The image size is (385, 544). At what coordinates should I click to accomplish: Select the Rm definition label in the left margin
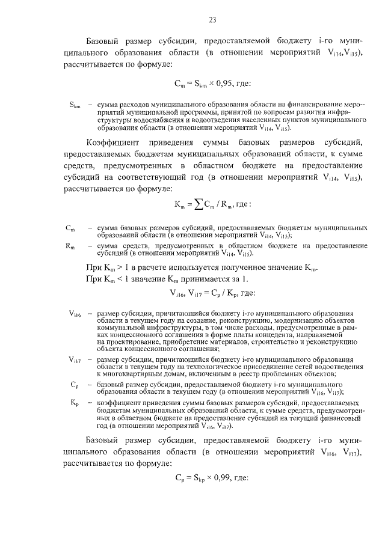point(70,245)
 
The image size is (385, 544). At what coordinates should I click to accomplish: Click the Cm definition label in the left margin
point(70,228)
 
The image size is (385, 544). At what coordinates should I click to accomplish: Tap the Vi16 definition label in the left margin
point(75,313)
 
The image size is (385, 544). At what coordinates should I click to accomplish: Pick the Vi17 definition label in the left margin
point(75,359)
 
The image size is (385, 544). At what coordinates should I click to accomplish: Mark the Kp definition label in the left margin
point(75,401)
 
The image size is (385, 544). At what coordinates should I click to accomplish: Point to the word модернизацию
point(279,321)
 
